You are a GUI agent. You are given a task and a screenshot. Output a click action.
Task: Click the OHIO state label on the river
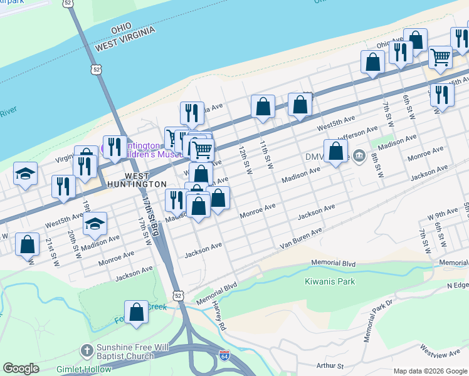click(121, 29)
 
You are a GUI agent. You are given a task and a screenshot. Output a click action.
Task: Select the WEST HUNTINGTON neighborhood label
click(136, 180)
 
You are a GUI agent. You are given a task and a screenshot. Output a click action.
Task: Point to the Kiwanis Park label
click(330, 281)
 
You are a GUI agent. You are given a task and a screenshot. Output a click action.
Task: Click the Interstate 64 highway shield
click(231, 357)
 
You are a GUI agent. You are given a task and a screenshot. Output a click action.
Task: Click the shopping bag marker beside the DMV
click(336, 152)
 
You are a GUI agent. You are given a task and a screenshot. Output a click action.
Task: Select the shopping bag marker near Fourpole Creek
click(136, 313)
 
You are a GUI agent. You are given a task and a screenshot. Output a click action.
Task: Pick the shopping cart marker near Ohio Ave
click(440, 58)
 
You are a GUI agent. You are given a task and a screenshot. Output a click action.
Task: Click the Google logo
click(21, 368)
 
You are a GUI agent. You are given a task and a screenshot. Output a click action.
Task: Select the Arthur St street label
click(330, 365)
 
